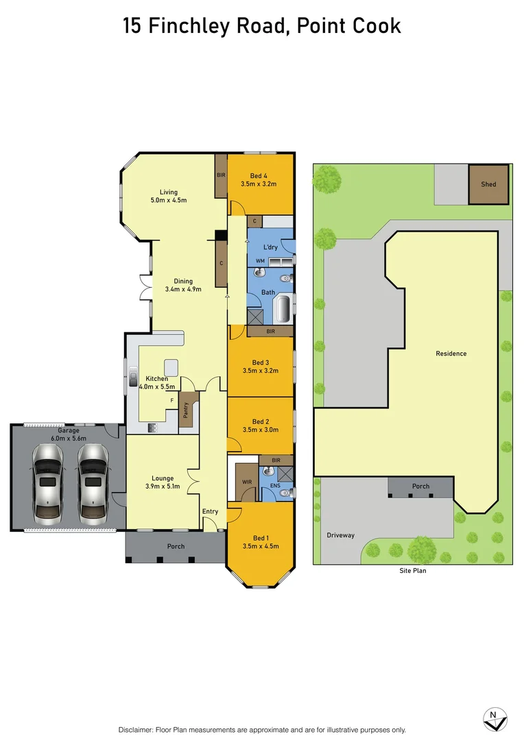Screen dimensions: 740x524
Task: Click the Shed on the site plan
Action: click(x=488, y=184)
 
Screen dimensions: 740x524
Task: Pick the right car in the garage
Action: click(x=92, y=482)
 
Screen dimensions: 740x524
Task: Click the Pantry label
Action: click(x=186, y=410)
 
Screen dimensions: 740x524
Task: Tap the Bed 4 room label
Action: click(x=259, y=176)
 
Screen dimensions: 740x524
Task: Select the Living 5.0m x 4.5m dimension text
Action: click(x=169, y=200)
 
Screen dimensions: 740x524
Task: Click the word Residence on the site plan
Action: click(x=451, y=354)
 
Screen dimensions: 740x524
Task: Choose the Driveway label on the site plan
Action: click(x=340, y=535)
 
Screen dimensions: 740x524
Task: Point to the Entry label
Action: click(x=210, y=512)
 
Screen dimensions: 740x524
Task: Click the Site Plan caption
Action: click(x=413, y=570)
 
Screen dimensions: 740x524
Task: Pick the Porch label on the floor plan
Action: click(x=176, y=546)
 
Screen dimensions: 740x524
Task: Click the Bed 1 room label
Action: click(x=259, y=537)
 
